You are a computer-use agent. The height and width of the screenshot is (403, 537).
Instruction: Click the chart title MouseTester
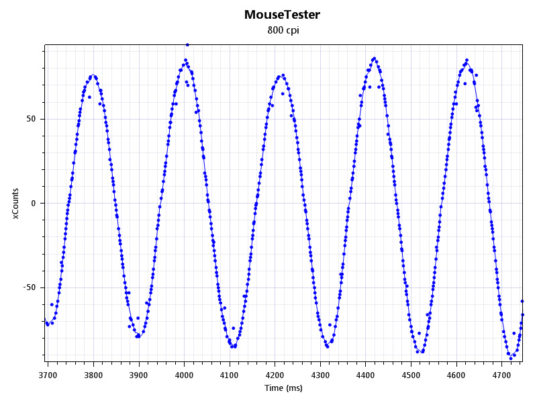click(282, 14)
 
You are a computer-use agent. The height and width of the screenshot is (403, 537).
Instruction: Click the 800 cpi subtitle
click(283, 30)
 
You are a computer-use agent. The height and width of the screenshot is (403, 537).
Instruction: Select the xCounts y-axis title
click(16, 203)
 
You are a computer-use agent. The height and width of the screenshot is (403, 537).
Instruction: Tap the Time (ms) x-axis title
click(283, 388)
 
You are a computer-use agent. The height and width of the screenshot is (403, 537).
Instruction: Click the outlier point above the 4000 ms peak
click(187, 45)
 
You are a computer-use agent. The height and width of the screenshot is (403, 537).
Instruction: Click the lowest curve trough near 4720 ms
click(511, 358)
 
